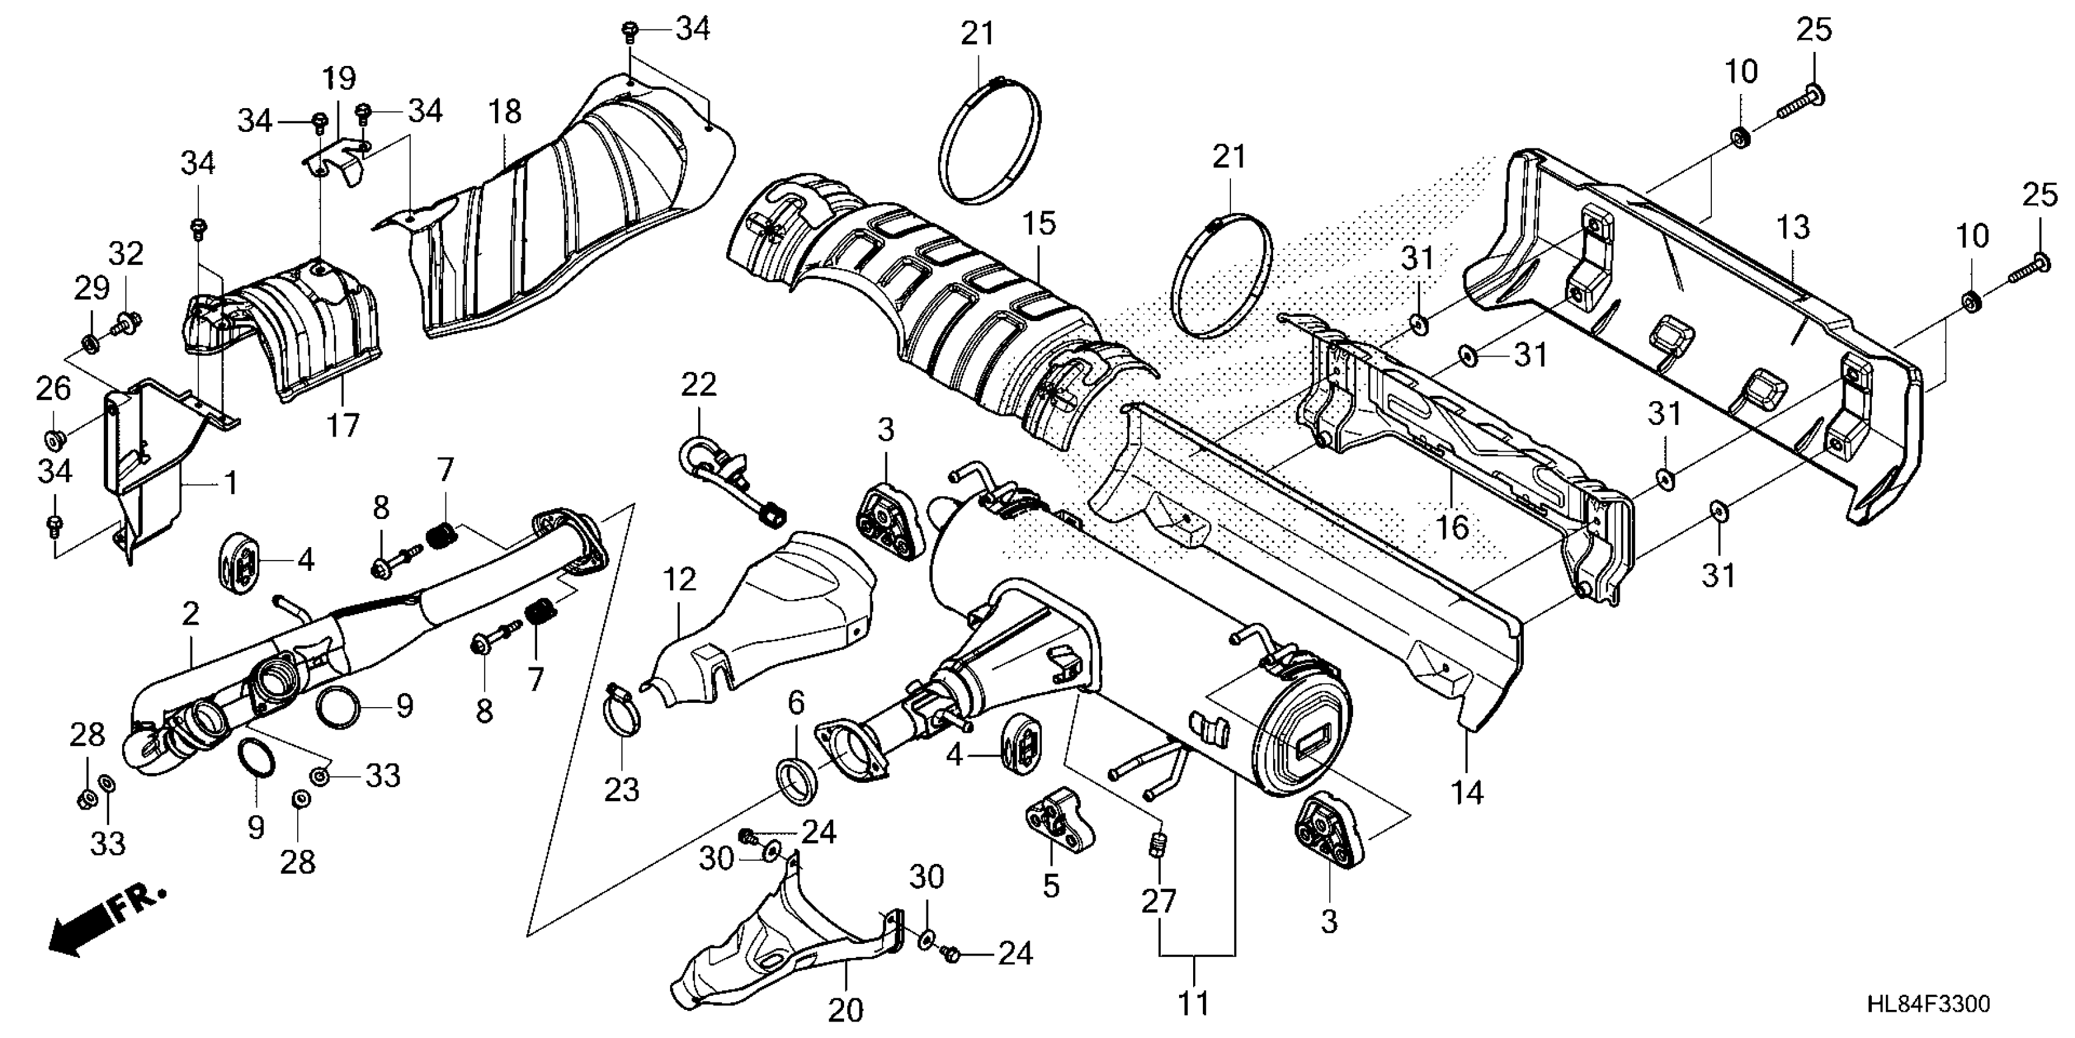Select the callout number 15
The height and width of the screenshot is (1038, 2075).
pyautogui.click(x=1039, y=223)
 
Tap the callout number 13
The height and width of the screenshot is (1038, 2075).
pyautogui.click(x=1792, y=228)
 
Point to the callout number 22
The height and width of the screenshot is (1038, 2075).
pyautogui.click(x=698, y=385)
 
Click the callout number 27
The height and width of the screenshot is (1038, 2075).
pyautogui.click(x=1158, y=901)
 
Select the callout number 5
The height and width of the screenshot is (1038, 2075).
pyautogui.click(x=1050, y=886)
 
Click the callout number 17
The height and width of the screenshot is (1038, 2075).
pyautogui.click(x=342, y=425)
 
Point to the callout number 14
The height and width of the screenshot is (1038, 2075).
pyautogui.click(x=1467, y=792)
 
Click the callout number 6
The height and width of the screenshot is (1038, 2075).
pyautogui.click(x=795, y=703)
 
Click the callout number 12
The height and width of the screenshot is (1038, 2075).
pyautogui.click(x=679, y=579)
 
